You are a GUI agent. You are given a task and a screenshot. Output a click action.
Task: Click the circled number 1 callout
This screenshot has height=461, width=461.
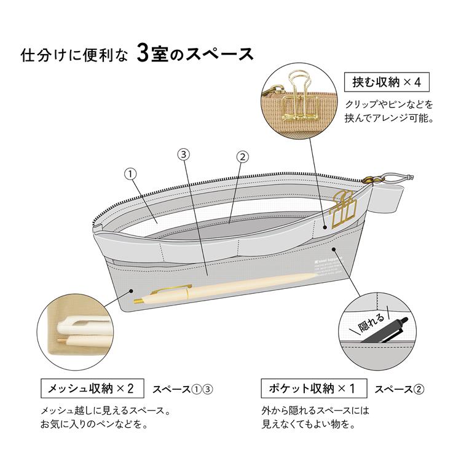click(130, 174)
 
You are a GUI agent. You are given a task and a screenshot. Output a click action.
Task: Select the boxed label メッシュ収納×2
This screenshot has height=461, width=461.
click(91, 388)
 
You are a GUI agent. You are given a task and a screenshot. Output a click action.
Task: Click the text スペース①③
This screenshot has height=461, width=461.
click(182, 389)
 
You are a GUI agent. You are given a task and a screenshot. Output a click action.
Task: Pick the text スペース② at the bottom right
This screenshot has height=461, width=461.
click(400, 389)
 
